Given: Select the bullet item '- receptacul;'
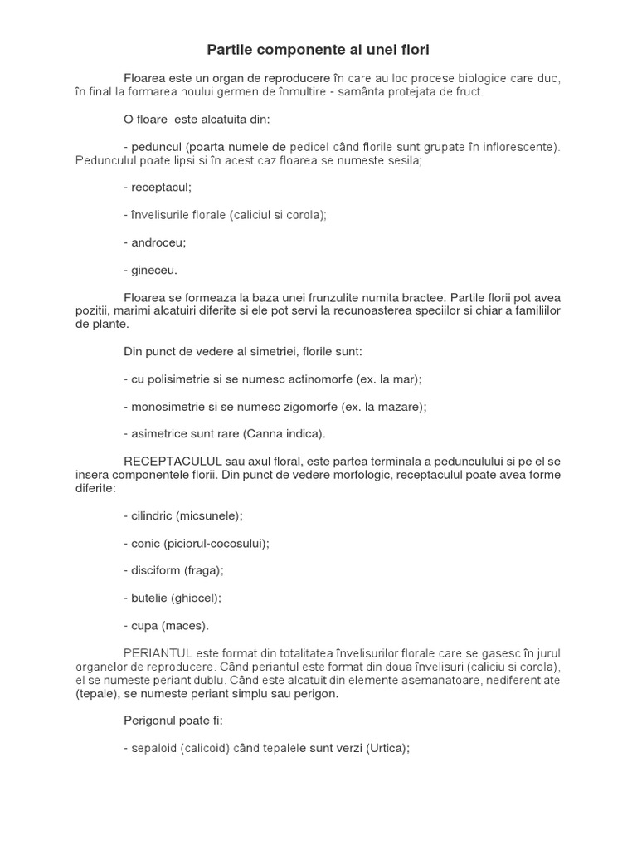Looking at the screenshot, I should tap(157, 188).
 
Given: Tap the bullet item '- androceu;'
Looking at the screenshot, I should tap(155, 242).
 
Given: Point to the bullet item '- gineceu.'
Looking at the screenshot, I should tap(150, 270).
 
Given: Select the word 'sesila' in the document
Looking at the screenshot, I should tap(404, 160).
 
